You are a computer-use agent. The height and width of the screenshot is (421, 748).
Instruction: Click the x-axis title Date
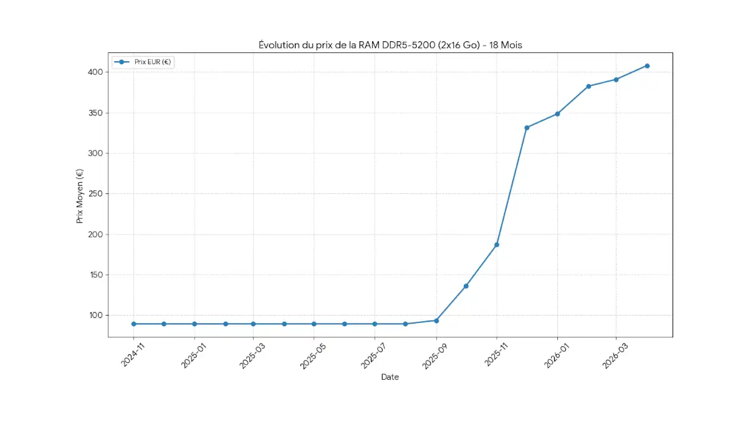click(390, 377)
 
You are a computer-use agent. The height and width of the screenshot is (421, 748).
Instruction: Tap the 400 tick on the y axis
click(95, 72)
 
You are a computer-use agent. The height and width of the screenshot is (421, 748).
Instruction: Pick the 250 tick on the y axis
click(95, 194)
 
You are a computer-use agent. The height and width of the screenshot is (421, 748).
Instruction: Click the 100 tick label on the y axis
click(95, 316)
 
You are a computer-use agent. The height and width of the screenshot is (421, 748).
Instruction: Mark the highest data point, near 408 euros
click(647, 65)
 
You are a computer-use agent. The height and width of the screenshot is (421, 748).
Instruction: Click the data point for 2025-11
click(497, 244)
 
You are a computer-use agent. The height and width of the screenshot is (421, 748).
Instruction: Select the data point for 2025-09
click(436, 321)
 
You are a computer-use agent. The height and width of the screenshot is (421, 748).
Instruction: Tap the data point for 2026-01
click(557, 114)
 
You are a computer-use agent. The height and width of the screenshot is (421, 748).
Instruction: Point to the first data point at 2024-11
click(133, 324)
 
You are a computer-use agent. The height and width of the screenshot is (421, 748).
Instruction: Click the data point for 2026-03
click(616, 80)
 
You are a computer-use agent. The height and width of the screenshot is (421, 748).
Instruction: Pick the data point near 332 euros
click(527, 127)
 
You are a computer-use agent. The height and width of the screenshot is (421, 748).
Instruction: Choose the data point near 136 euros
click(466, 286)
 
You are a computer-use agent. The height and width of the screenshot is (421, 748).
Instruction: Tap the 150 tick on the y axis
click(95, 275)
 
